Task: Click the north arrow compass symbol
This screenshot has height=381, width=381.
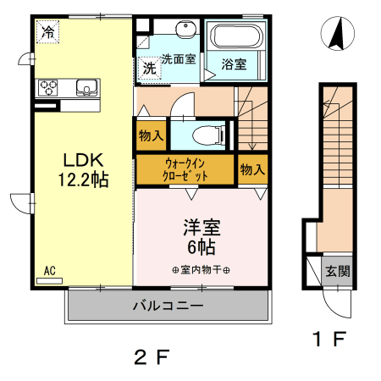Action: pyautogui.click(x=338, y=33)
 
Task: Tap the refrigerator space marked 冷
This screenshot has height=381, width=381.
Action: pyautogui.click(x=48, y=31)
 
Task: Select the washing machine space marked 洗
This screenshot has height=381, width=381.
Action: pyautogui.click(x=149, y=68)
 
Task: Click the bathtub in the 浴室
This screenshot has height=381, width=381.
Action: pyautogui.click(x=236, y=36)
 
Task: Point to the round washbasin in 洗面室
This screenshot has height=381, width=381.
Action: pyautogui.click(x=185, y=28)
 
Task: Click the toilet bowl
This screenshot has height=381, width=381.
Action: pyautogui.click(x=208, y=135)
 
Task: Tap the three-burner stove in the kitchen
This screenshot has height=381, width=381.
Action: pyautogui.click(x=48, y=88)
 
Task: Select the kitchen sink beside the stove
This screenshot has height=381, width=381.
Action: pyautogui.click(x=87, y=87)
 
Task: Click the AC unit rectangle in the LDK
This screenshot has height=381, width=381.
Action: pyautogui.click(x=50, y=281)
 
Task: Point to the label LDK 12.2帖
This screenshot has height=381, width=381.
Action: pyautogui.click(x=84, y=170)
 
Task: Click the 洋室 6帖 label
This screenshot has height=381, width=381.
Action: pyautogui.click(x=202, y=237)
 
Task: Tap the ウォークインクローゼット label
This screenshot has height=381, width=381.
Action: pyautogui.click(x=185, y=169)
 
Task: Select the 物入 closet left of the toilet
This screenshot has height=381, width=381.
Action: pyautogui.click(x=152, y=135)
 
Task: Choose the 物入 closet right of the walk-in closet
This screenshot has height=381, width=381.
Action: pyautogui.click(x=252, y=169)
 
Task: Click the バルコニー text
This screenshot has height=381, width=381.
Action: pyautogui.click(x=168, y=306)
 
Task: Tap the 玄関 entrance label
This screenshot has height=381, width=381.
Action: pyautogui.click(x=338, y=272)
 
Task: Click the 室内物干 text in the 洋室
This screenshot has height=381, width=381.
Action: pyautogui.click(x=201, y=270)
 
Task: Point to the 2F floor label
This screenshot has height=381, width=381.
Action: pyautogui.click(x=152, y=357)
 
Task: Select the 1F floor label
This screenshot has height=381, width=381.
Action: pyautogui.click(x=329, y=339)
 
